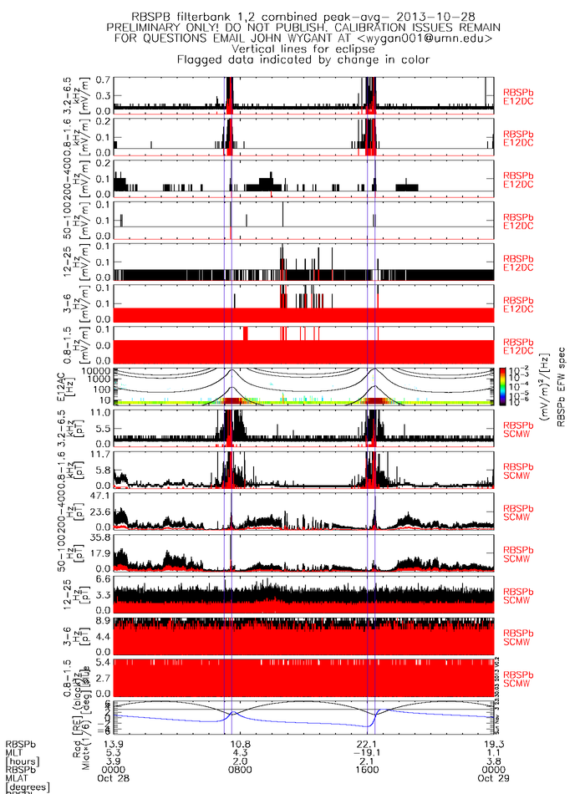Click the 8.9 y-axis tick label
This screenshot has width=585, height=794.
point(104,622)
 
